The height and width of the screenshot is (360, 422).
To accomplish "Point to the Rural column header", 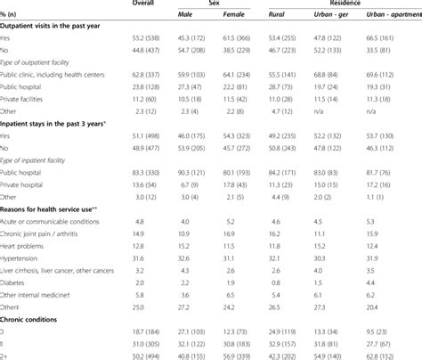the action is pyautogui.click(x=284, y=14).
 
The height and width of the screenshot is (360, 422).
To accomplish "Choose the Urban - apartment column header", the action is pyautogui.click(x=392, y=14).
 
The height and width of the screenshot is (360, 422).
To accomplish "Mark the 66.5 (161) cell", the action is pyautogui.click(x=392, y=39).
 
